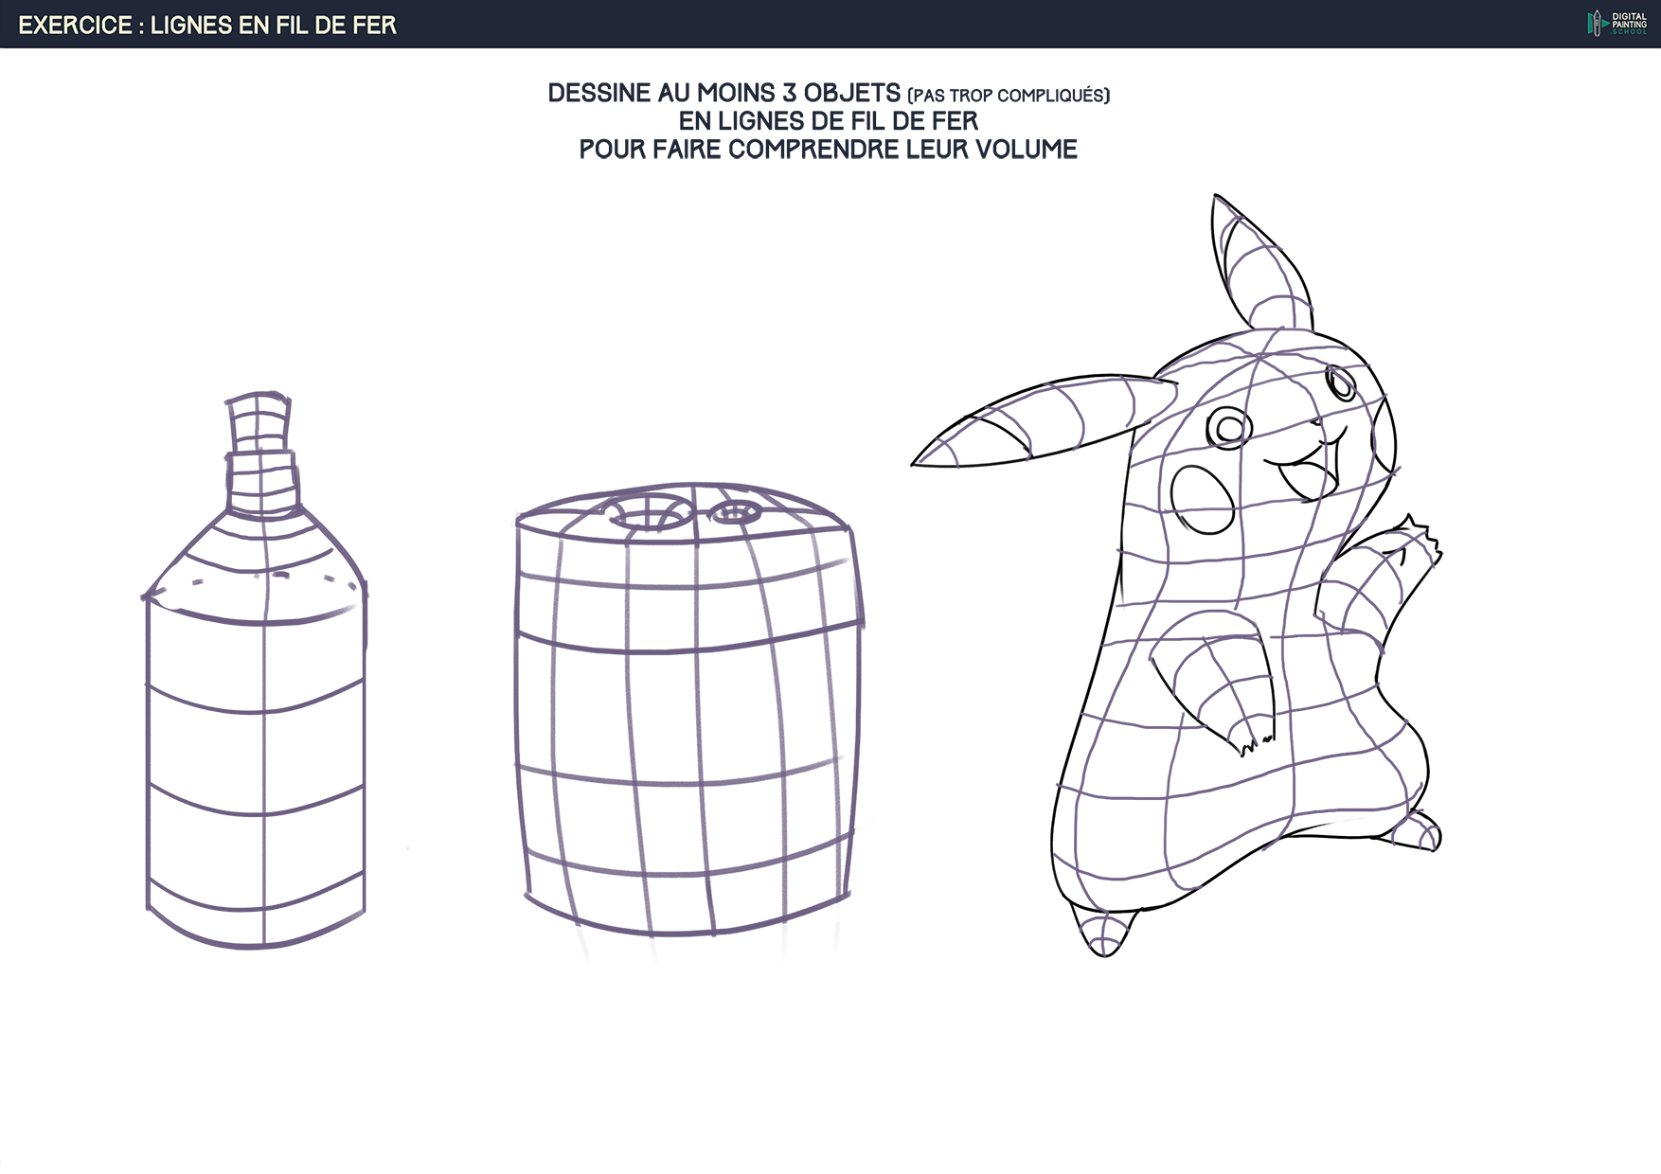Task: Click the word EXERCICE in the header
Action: [76, 25]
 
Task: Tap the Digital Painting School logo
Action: [1617, 24]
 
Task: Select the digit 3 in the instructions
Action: [789, 93]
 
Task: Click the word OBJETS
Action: [852, 93]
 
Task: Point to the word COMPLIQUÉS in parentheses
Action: [1054, 96]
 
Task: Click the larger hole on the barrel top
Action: [649, 517]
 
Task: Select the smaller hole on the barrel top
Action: [736, 514]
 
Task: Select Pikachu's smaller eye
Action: [1341, 383]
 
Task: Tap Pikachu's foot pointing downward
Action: [1101, 930]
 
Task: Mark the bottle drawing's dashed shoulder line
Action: [254, 579]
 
